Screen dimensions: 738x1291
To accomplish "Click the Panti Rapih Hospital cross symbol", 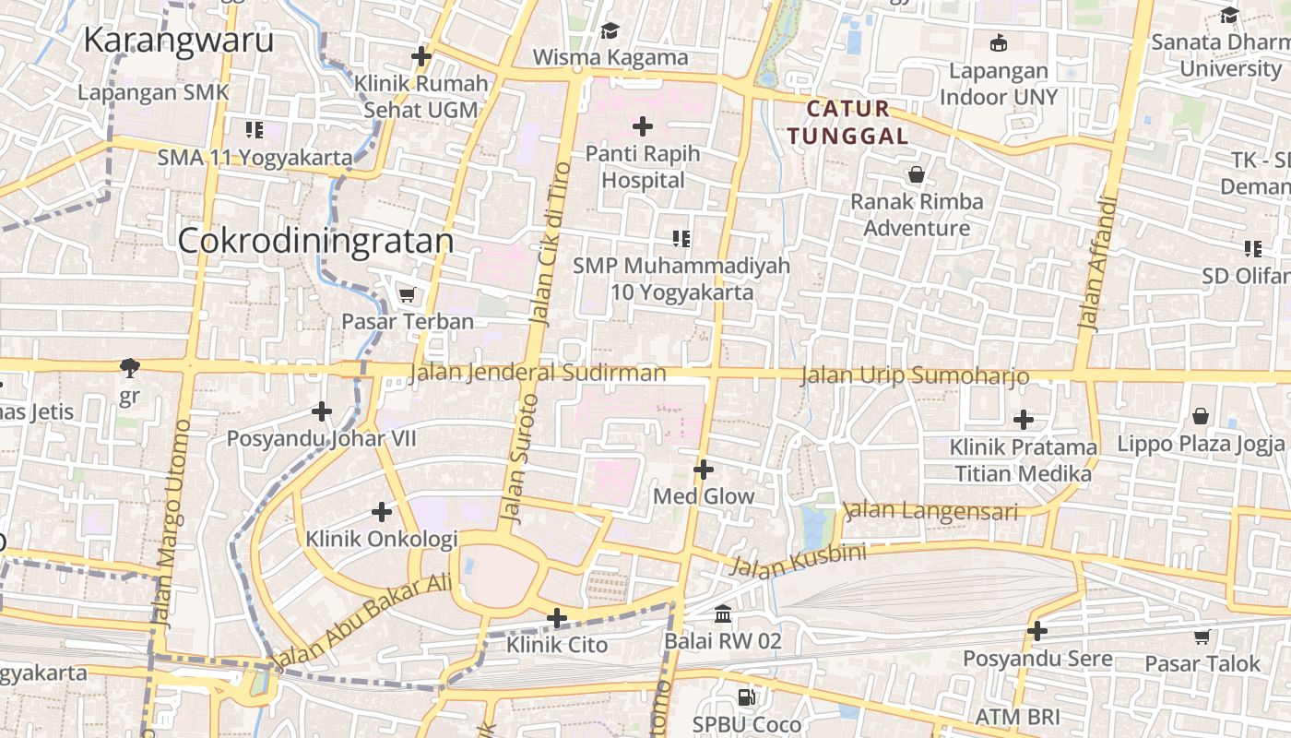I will point(643,125).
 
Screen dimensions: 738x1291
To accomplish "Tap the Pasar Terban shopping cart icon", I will point(407,294).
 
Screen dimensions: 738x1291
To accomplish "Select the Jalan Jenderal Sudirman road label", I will point(537,373).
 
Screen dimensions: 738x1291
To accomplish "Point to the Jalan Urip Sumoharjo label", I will point(914,375).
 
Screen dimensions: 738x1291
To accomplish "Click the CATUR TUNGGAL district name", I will point(848,123).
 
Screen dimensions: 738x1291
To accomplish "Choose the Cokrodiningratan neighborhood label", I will point(315,241).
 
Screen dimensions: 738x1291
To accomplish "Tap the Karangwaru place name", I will point(178,41).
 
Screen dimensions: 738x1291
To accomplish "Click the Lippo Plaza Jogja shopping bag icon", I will point(1200,416).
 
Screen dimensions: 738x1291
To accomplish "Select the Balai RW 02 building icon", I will point(723,613).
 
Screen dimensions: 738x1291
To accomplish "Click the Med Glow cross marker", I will point(704,470).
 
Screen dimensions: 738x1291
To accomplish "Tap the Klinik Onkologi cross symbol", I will point(382,511).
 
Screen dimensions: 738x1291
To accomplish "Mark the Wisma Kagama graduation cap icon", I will point(610,30).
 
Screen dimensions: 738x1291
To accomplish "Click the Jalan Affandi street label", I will point(1097,263).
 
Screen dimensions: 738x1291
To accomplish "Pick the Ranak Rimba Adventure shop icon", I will point(917,173).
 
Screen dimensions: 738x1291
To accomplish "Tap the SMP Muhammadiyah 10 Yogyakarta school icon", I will point(681,239).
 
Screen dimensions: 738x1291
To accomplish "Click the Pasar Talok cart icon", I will point(1202,637).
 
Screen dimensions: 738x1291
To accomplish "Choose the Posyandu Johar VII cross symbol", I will point(322,411).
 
